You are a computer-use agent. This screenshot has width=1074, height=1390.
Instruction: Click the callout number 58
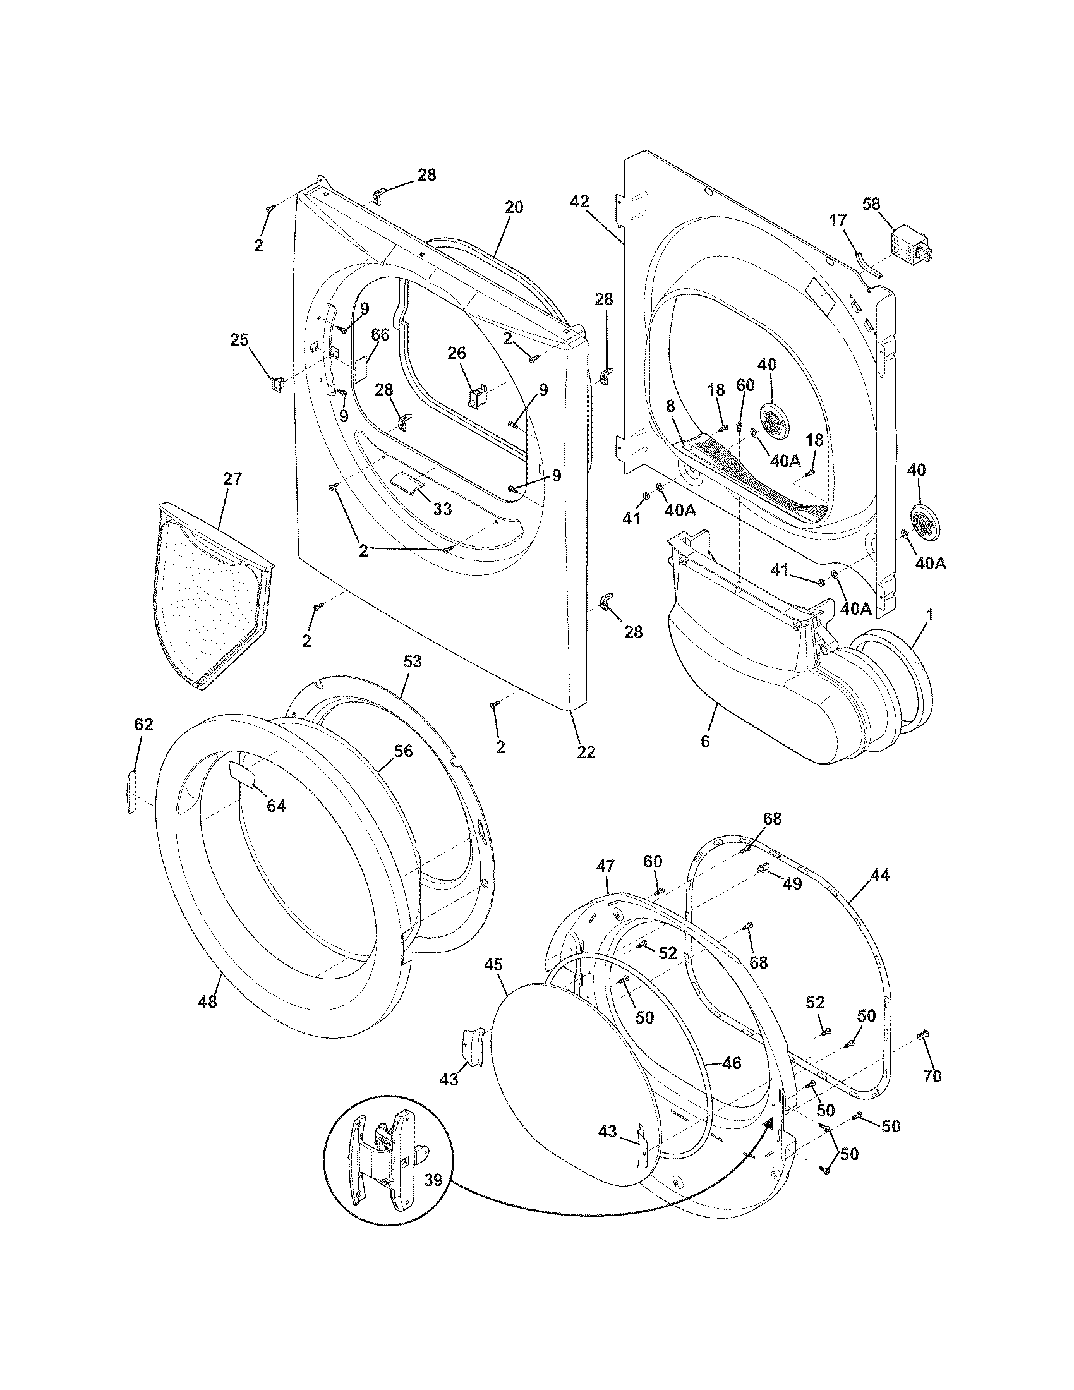(x=872, y=203)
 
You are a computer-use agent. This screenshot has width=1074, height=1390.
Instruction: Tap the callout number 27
(x=232, y=480)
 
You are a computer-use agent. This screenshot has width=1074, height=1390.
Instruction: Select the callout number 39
(x=433, y=1181)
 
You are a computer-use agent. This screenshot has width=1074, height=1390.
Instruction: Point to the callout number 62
(x=144, y=724)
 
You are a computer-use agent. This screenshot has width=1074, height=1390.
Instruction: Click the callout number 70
(x=931, y=1076)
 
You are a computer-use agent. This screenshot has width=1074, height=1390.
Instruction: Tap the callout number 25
(x=239, y=340)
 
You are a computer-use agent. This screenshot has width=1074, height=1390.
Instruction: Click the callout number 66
(x=380, y=334)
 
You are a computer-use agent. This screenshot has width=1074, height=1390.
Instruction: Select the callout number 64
(x=276, y=806)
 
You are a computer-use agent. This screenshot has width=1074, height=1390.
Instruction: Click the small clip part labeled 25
(x=276, y=384)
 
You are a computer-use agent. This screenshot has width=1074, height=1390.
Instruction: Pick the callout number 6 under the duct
(x=704, y=742)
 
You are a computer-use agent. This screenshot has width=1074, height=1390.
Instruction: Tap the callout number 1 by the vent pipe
(x=929, y=615)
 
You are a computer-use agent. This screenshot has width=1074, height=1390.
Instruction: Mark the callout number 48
(x=207, y=1002)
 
